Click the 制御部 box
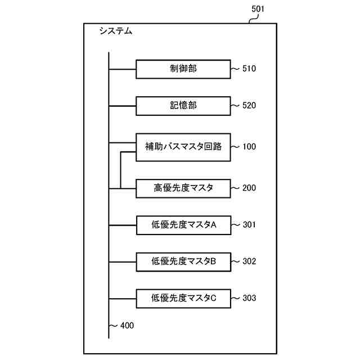click(x=183, y=69)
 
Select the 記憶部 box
click(x=183, y=105)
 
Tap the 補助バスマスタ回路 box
click(x=183, y=147)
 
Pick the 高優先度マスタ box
click(x=183, y=188)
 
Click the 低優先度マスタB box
click(x=183, y=261)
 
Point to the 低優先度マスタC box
click(x=183, y=298)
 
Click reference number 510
click(x=249, y=69)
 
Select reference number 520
click(x=249, y=105)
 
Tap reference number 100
click(x=249, y=147)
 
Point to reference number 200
click(x=249, y=188)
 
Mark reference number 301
click(x=249, y=224)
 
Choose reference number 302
click(x=249, y=261)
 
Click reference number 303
click(x=249, y=298)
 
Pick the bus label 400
click(x=127, y=325)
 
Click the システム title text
click(x=115, y=31)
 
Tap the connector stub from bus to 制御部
click(x=122, y=69)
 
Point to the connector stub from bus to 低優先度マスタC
click(x=122, y=298)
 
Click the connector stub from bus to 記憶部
click(x=122, y=105)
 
